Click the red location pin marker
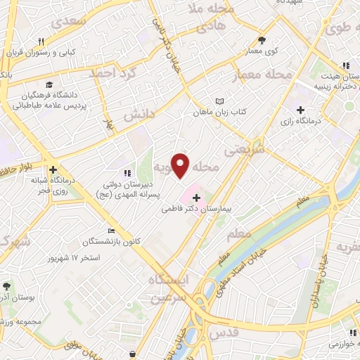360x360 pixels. click(x=181, y=165)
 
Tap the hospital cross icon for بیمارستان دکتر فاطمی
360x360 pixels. click(x=196, y=198)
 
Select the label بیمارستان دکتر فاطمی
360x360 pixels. click(x=195, y=210)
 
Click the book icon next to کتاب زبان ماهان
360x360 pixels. click(x=220, y=101)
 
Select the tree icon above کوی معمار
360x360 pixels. click(x=262, y=39)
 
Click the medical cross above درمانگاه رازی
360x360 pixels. click(x=301, y=110)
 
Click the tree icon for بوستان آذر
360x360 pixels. click(x=7, y=287)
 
